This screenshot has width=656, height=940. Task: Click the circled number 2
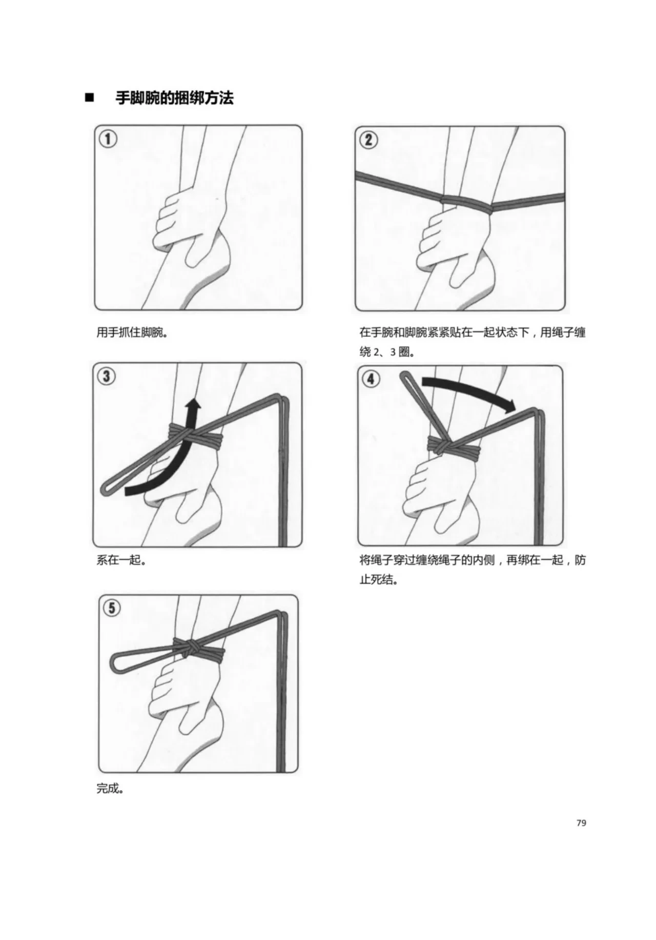pyautogui.click(x=368, y=140)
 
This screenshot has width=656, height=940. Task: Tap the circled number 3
pyautogui.click(x=106, y=376)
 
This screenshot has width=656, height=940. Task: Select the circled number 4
pyautogui.click(x=371, y=379)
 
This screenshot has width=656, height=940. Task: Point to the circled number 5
pyautogui.click(x=111, y=609)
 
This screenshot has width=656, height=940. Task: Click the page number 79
pyautogui.click(x=581, y=823)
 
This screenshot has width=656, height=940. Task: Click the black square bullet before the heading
pyautogui.click(x=90, y=97)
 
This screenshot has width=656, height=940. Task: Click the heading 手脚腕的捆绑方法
pyautogui.click(x=174, y=97)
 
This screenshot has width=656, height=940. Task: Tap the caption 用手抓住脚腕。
pyautogui.click(x=133, y=332)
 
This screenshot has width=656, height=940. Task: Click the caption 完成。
pyautogui.click(x=111, y=788)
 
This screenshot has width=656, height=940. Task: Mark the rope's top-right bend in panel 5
pyautogui.click(x=281, y=614)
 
